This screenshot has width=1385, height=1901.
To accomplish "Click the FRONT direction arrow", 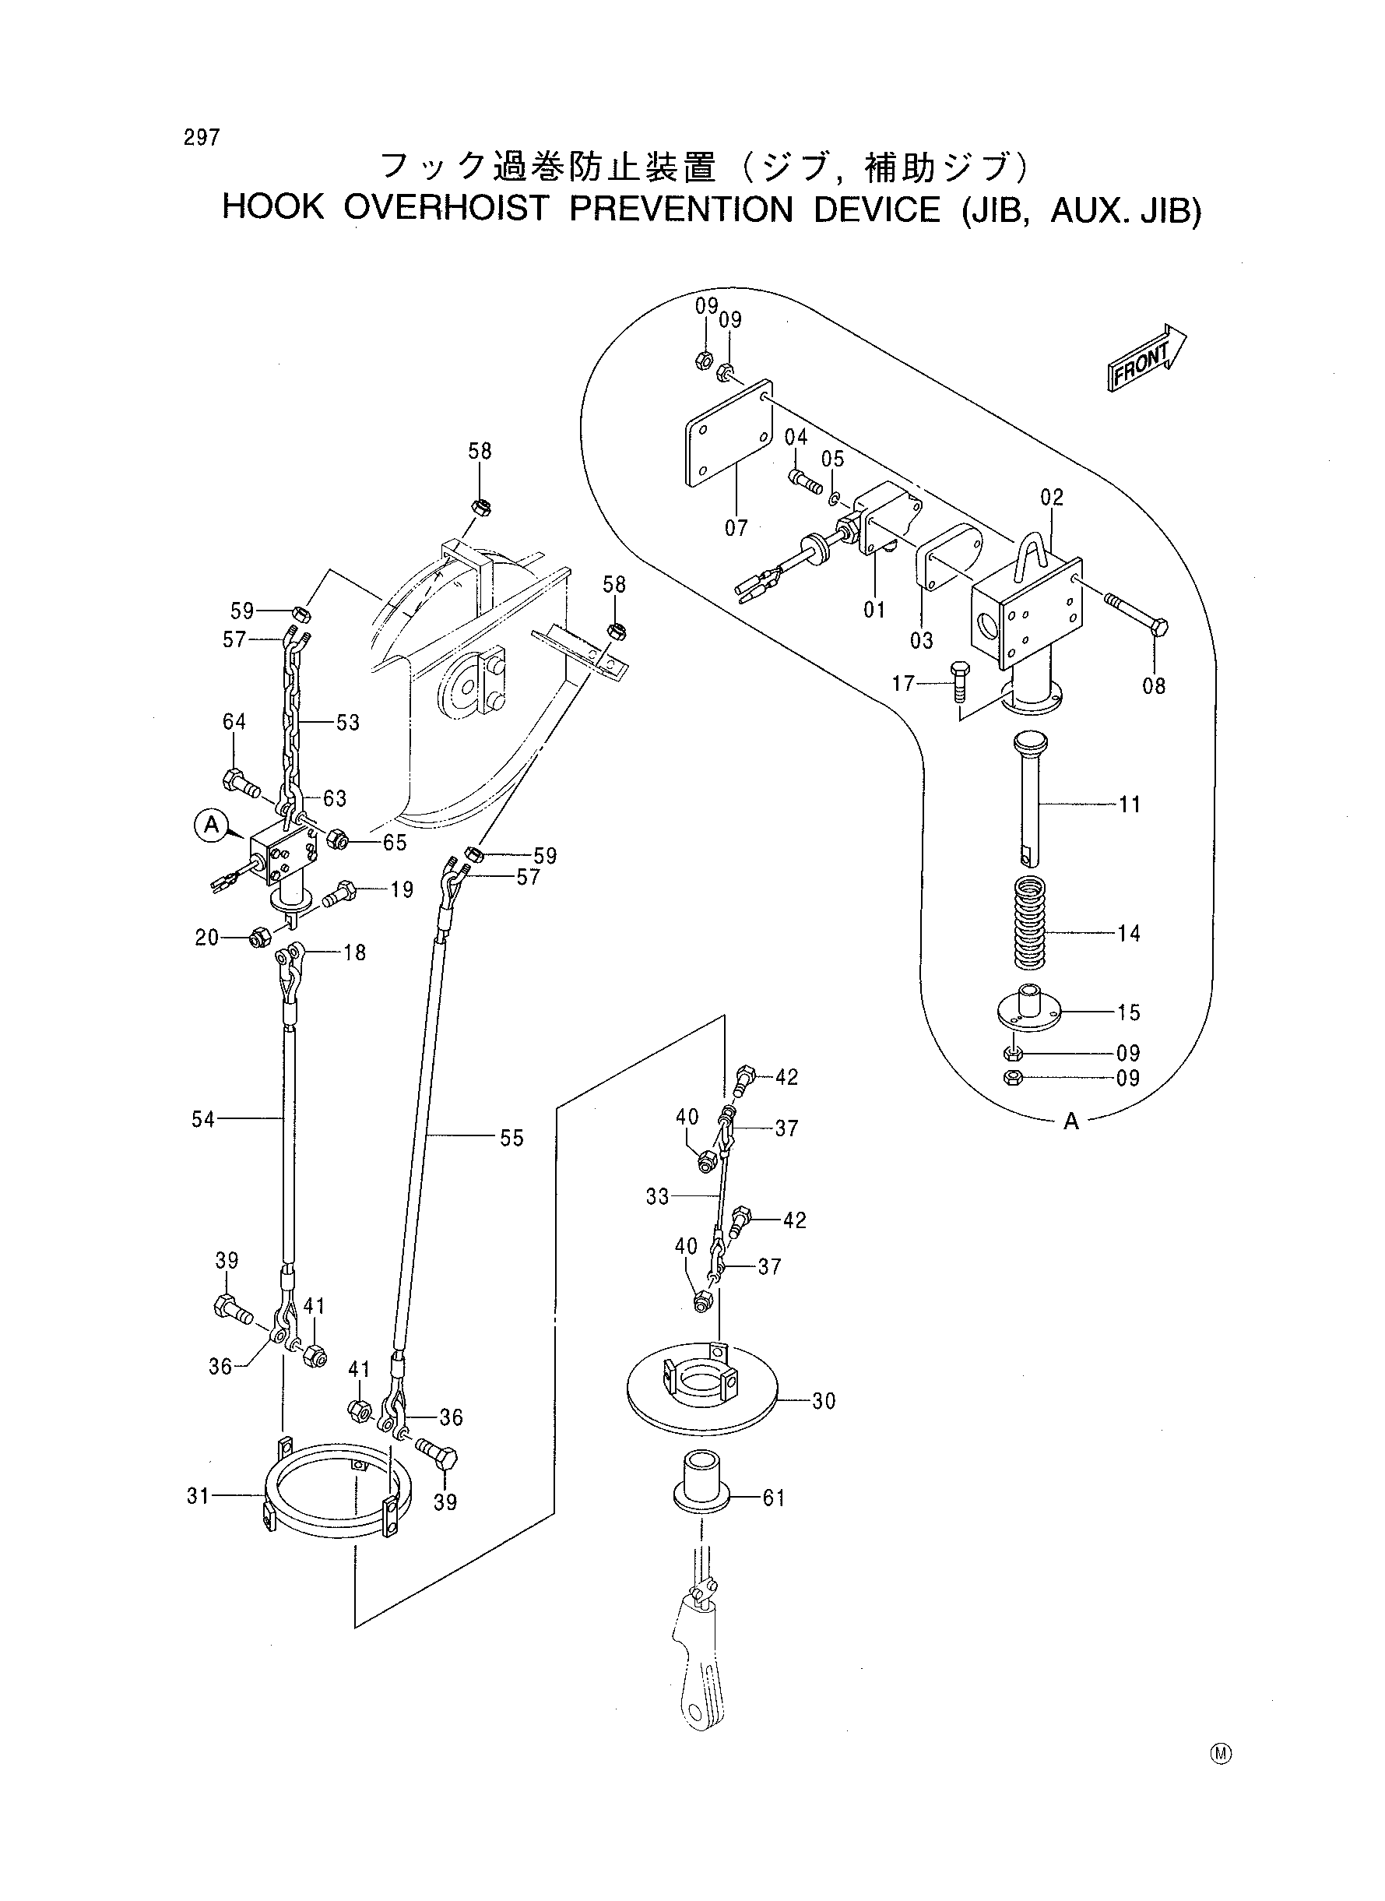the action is coord(1147,357).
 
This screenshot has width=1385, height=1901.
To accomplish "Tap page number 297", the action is coord(202,138).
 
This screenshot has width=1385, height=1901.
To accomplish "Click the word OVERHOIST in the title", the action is coord(445,208).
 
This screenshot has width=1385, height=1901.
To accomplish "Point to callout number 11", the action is coord(1130,805).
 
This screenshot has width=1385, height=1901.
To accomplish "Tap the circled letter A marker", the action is coord(212,826).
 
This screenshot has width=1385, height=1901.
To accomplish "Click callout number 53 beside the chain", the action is coord(348,723).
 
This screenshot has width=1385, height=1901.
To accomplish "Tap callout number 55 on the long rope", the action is coord(511,1139).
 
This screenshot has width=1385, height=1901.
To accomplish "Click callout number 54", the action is coord(204,1119).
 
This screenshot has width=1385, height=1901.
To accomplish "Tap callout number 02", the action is coord(1051,498).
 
